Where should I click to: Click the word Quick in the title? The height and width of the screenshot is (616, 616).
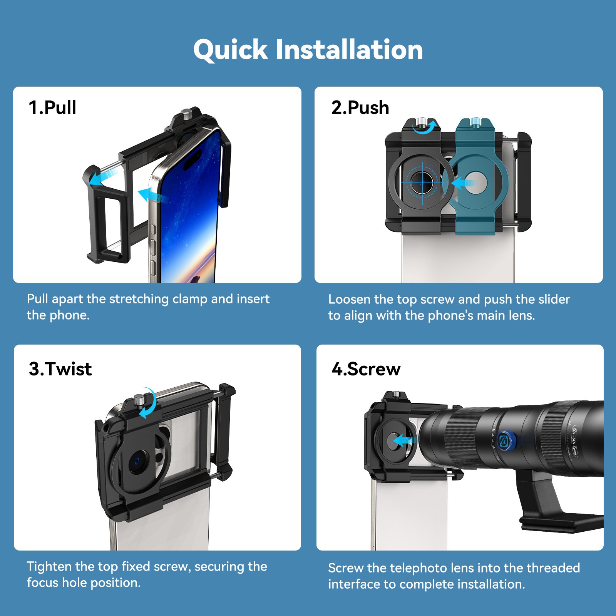pyautogui.click(x=230, y=50)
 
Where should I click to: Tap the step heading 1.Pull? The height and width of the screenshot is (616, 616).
pyautogui.click(x=52, y=107)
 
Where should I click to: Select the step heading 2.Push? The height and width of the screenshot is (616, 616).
pyautogui.click(x=360, y=108)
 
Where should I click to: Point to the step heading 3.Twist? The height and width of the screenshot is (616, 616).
pyautogui.click(x=60, y=369)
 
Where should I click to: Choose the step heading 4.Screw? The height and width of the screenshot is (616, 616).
pyautogui.click(x=366, y=369)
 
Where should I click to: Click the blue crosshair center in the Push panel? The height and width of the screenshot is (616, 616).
pyautogui.click(x=423, y=182)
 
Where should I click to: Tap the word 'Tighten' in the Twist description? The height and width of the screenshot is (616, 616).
pyautogui.click(x=49, y=567)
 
